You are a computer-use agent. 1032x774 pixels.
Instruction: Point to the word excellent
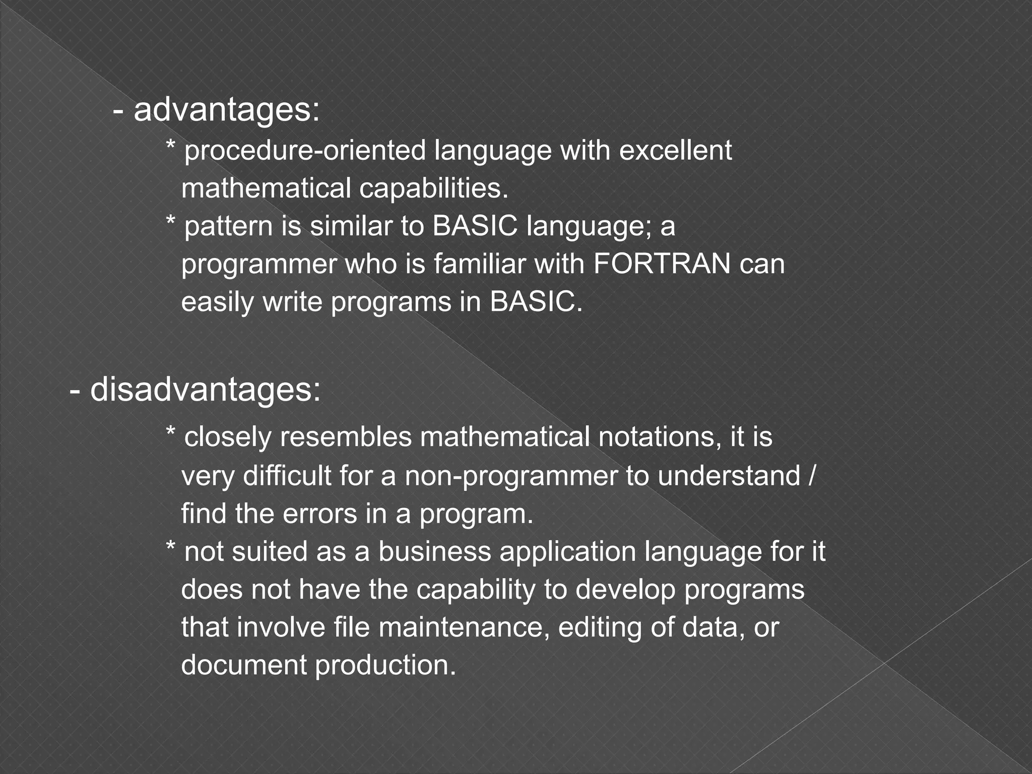tap(675, 150)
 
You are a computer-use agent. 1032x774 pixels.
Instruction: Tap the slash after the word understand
tap(810, 476)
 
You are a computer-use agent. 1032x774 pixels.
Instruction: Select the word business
tap(434, 551)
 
